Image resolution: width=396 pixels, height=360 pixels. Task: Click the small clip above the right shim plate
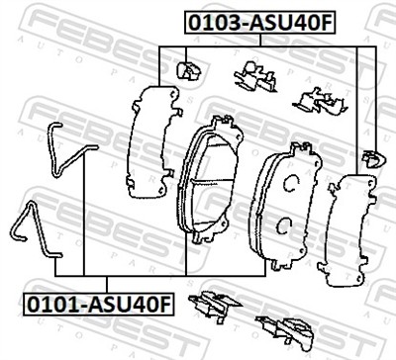(373, 155)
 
